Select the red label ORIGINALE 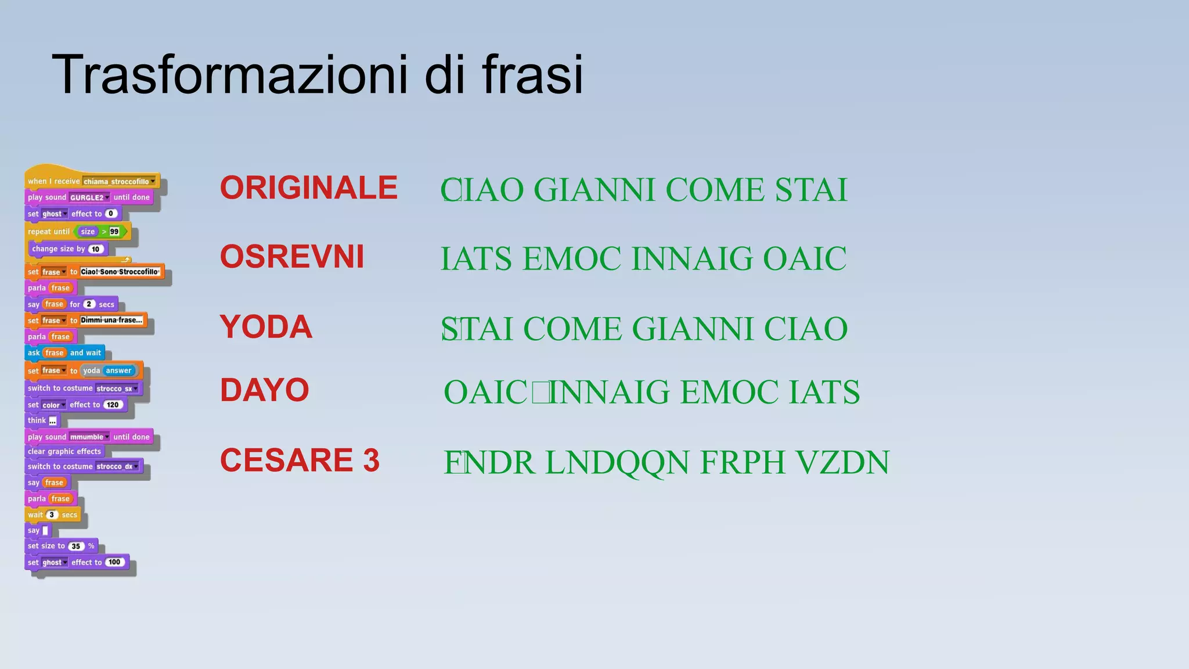click(x=308, y=188)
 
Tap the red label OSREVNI click(x=292, y=257)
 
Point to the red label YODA click(x=266, y=326)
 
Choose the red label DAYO click(x=264, y=390)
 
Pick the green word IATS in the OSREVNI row click(x=476, y=259)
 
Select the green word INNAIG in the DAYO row click(x=610, y=392)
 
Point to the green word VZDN click(x=842, y=463)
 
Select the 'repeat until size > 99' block click(x=49, y=232)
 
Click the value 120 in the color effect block click(x=113, y=405)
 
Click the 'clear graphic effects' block click(x=64, y=451)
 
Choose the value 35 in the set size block click(x=75, y=546)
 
